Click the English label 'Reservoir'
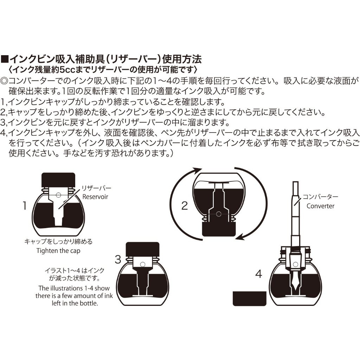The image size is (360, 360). coord(95,197)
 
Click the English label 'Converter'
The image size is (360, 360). coord(320,206)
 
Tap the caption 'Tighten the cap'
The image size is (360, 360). coord(58,251)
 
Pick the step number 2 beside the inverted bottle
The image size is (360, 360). coord(185,206)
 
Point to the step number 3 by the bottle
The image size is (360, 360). coord(118,259)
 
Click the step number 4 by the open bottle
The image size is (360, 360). coord(258,274)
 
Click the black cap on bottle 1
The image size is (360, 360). coord(58,180)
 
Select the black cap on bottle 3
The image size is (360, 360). coord(143,249)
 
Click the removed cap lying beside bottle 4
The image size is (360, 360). coord(250,298)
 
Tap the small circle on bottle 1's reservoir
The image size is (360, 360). coord(58,195)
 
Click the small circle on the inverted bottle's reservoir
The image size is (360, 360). coord(219,214)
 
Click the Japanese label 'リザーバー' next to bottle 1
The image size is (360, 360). coord(96,188)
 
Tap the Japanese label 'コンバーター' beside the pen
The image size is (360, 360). coord(321,197)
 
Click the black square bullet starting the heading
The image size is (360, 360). coord(5,59)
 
